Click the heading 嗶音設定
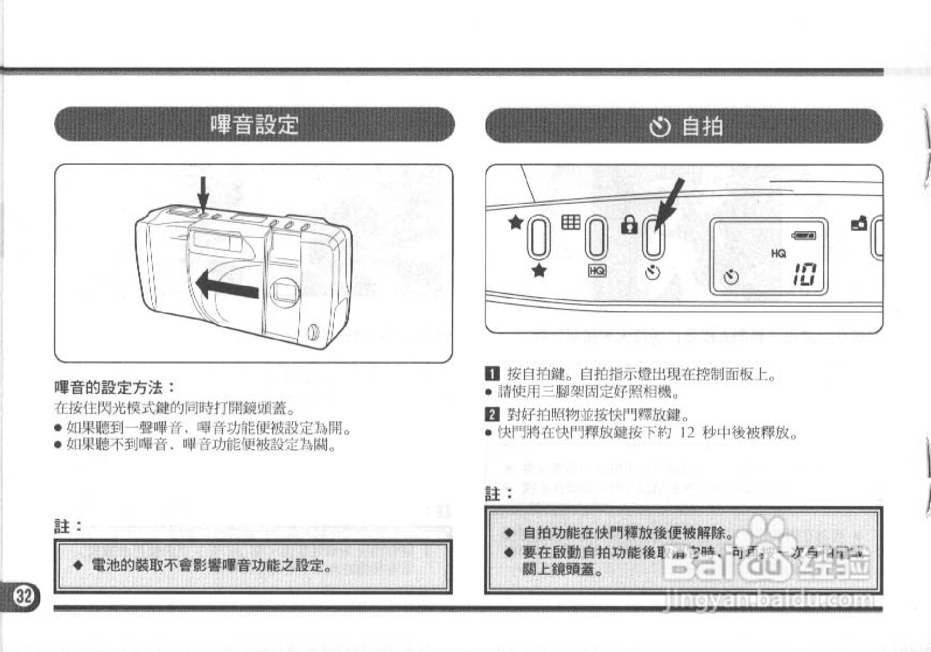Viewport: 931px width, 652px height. [x=254, y=124]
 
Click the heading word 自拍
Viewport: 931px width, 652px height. [x=702, y=126]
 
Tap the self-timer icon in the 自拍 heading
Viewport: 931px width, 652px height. [x=660, y=127]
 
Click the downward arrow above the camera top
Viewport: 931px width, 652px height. [x=204, y=193]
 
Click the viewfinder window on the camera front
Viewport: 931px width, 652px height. [x=285, y=292]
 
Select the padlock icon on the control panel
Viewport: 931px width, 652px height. [x=629, y=225]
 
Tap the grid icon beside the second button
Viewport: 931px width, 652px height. [x=570, y=222]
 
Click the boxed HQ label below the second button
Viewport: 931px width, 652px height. [x=597, y=270]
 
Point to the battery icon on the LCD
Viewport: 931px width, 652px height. [x=804, y=235]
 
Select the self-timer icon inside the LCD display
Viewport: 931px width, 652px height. [x=731, y=276]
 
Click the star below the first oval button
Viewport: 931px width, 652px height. [x=539, y=271]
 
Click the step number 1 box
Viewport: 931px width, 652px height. [x=492, y=374]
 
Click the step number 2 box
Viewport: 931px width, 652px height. [x=492, y=415]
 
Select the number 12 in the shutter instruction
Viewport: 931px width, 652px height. [x=687, y=432]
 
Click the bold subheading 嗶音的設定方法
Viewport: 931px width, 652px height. [x=114, y=387]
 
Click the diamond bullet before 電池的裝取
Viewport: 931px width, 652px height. [x=78, y=565]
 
